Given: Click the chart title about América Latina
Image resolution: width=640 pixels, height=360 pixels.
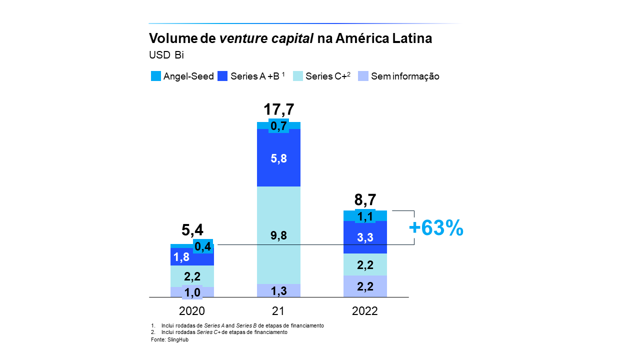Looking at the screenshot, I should pyautogui.click(x=290, y=38).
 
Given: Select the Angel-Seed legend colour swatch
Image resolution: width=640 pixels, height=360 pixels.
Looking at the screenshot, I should pyautogui.click(x=156, y=76).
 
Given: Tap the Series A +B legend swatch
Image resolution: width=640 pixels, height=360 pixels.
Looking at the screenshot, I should pyautogui.click(x=223, y=76).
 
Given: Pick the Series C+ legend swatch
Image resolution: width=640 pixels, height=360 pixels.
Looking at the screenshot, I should pyautogui.click(x=298, y=76).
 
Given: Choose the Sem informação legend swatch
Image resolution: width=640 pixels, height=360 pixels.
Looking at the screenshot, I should pyautogui.click(x=363, y=76).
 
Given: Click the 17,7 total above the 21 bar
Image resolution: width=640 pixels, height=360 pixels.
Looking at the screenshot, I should pyautogui.click(x=278, y=109).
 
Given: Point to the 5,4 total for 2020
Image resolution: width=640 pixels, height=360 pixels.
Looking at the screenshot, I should pyautogui.click(x=192, y=230).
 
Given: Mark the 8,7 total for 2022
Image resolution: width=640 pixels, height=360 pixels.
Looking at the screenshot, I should pyautogui.click(x=365, y=200).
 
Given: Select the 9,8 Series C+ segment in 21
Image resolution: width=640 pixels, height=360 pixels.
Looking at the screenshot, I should pyautogui.click(x=278, y=235).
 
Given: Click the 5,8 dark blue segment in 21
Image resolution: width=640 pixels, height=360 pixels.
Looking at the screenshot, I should pyautogui.click(x=278, y=158).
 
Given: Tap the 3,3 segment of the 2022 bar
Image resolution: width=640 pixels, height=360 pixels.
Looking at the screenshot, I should pyautogui.click(x=365, y=237).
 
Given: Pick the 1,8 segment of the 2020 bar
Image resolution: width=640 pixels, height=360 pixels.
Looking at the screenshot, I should pyautogui.click(x=181, y=257).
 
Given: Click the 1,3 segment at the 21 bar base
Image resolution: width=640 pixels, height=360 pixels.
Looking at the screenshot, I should pyautogui.click(x=278, y=291).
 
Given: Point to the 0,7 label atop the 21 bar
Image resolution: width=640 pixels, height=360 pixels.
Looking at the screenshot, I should pyautogui.click(x=278, y=126).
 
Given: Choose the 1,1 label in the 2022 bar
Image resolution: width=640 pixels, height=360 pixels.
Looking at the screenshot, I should pyautogui.click(x=365, y=216).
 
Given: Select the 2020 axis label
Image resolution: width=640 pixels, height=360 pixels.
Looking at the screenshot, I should pyautogui.click(x=192, y=311).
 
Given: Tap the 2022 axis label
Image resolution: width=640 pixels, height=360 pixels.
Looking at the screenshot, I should pyautogui.click(x=365, y=311).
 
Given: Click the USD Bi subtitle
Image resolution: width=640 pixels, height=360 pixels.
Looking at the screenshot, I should pyautogui.click(x=166, y=55).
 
